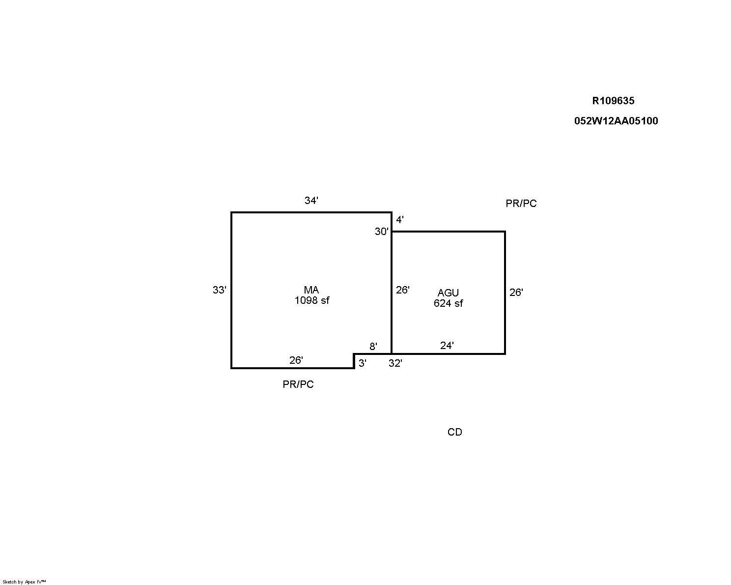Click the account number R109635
(613, 101)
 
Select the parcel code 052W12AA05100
(616, 120)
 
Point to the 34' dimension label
(311, 200)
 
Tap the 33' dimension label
(220, 290)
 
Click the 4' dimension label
(400, 220)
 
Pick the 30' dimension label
(381, 232)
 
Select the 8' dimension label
(373, 347)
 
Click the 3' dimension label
(363, 363)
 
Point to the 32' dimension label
(395, 363)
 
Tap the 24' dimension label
(447, 346)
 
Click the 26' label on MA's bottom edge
(296, 360)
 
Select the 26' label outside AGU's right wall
(516, 292)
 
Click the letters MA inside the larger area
(311, 290)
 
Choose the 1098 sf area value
(312, 300)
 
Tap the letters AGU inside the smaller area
(448, 292)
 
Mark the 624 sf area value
(448, 303)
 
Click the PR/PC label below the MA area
(298, 384)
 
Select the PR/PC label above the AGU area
(521, 203)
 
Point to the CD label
(455, 432)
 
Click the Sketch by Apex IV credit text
(24, 582)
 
